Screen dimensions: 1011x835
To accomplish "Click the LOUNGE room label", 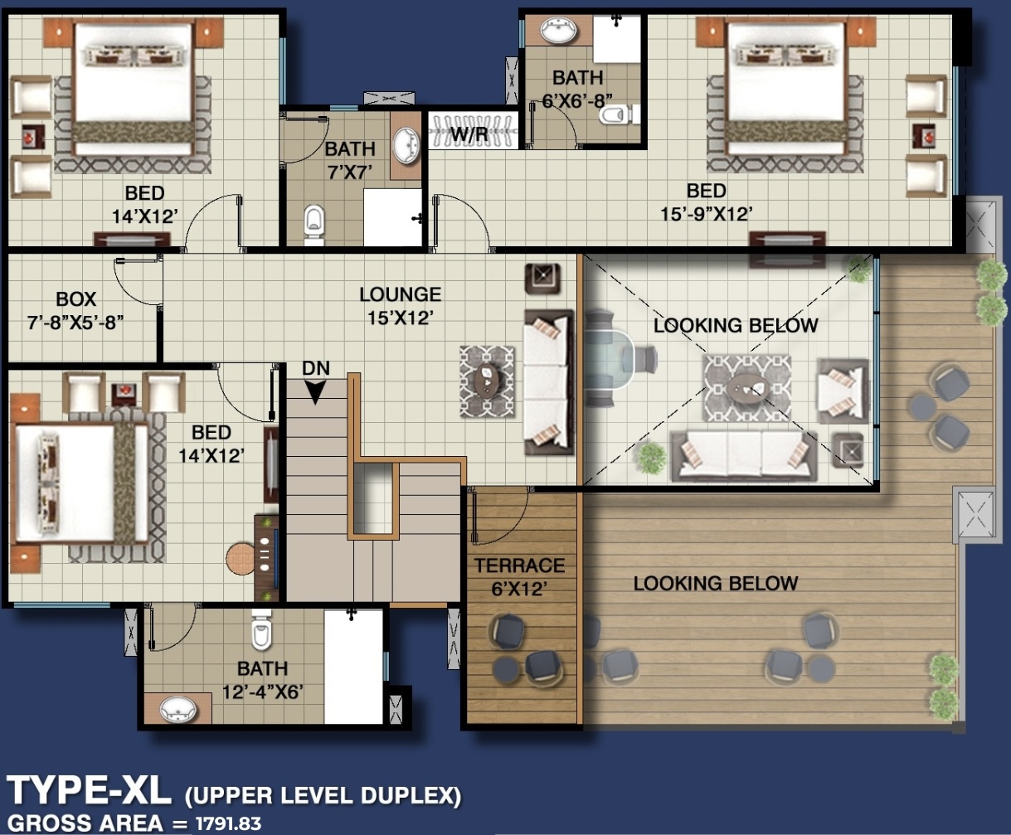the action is (x=401, y=294).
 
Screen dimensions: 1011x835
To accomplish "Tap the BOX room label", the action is (x=76, y=299).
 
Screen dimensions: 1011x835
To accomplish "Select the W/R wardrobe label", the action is (x=469, y=134).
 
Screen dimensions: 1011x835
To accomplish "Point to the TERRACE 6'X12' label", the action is (x=519, y=577).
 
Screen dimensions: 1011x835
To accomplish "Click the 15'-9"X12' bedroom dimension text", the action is (x=707, y=214).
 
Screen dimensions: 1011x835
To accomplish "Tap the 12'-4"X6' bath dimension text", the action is (x=263, y=692).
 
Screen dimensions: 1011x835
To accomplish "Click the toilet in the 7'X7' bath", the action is (x=314, y=223).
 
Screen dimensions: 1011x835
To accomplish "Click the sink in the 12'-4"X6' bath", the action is (x=177, y=710).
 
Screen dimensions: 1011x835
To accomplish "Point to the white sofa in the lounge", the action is (x=548, y=382).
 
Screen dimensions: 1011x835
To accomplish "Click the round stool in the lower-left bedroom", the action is (x=241, y=559).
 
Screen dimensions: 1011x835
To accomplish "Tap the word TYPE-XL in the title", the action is (x=89, y=791).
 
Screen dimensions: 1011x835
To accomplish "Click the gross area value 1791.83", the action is (x=228, y=823).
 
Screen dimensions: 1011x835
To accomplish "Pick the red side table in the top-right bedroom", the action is (x=924, y=136).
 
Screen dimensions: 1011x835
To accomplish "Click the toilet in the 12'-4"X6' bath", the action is (x=261, y=629).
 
